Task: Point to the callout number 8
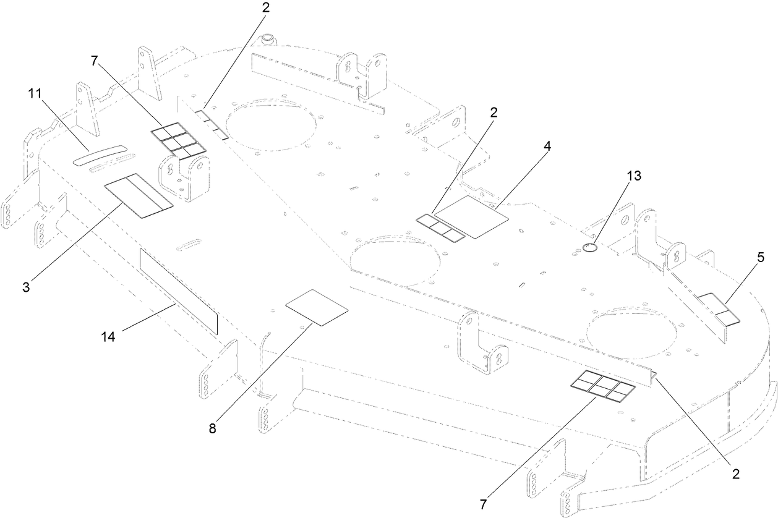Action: coord(213,428)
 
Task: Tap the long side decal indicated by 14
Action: coord(179,291)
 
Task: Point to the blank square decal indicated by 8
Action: coord(317,307)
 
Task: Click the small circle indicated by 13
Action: coord(589,248)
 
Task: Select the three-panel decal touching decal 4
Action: coord(440,227)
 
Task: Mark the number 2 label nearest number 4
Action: coord(494,113)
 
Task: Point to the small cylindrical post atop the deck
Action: coord(268,40)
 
